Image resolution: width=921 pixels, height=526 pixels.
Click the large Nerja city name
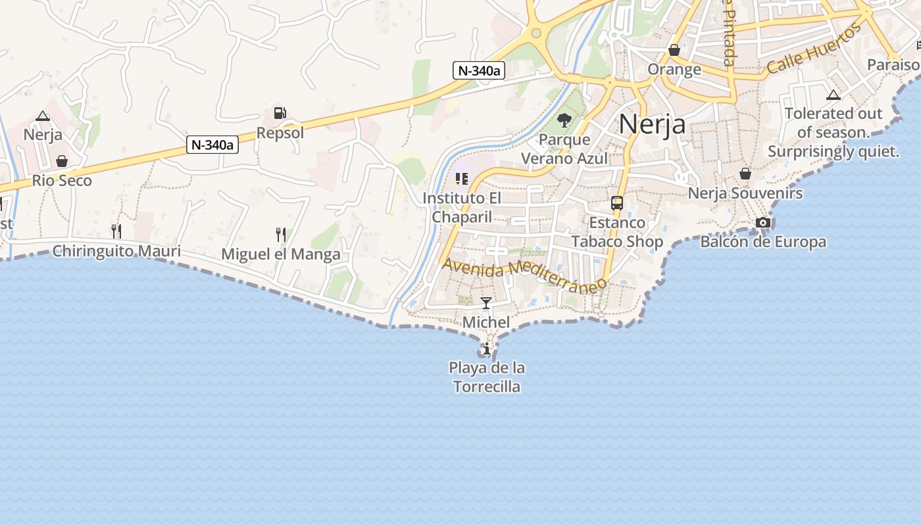(x=652, y=123)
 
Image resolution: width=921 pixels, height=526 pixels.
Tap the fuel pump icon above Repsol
(x=280, y=113)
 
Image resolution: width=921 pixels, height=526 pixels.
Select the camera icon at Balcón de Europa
(x=763, y=223)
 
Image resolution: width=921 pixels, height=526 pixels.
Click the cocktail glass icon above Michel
(x=486, y=303)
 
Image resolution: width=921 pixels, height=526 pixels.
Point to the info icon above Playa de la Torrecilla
(x=487, y=348)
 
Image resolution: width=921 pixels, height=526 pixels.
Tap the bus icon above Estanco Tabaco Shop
(x=617, y=203)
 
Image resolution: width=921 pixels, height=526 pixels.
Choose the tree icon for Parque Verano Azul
(x=564, y=120)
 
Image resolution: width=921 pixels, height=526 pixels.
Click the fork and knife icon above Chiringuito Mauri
(x=116, y=231)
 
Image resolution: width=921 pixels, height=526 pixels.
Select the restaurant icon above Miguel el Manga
(x=281, y=234)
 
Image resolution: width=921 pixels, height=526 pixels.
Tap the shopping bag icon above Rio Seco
(x=62, y=161)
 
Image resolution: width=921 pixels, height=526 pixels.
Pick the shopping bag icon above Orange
(x=674, y=50)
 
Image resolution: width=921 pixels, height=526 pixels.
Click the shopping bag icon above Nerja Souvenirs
(x=745, y=174)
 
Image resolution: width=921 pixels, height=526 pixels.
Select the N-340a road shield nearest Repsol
(x=212, y=145)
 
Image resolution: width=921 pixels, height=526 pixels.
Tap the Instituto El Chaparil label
(x=462, y=207)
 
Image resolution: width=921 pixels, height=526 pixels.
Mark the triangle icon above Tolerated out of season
(x=834, y=95)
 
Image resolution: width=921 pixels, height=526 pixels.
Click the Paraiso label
(x=893, y=64)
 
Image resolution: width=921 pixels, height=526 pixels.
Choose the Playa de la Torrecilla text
(x=487, y=377)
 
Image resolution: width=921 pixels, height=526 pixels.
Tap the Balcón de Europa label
(x=763, y=242)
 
